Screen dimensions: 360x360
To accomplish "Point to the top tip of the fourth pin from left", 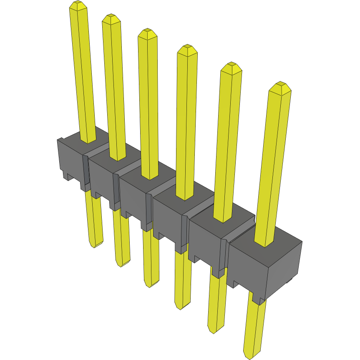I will [187, 48].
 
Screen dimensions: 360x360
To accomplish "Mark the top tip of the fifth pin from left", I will [231, 66].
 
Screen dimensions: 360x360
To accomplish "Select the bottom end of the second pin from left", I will [122, 264].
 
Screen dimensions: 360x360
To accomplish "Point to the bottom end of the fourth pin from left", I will [182, 306].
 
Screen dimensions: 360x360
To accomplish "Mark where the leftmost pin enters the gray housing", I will [88, 141].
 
